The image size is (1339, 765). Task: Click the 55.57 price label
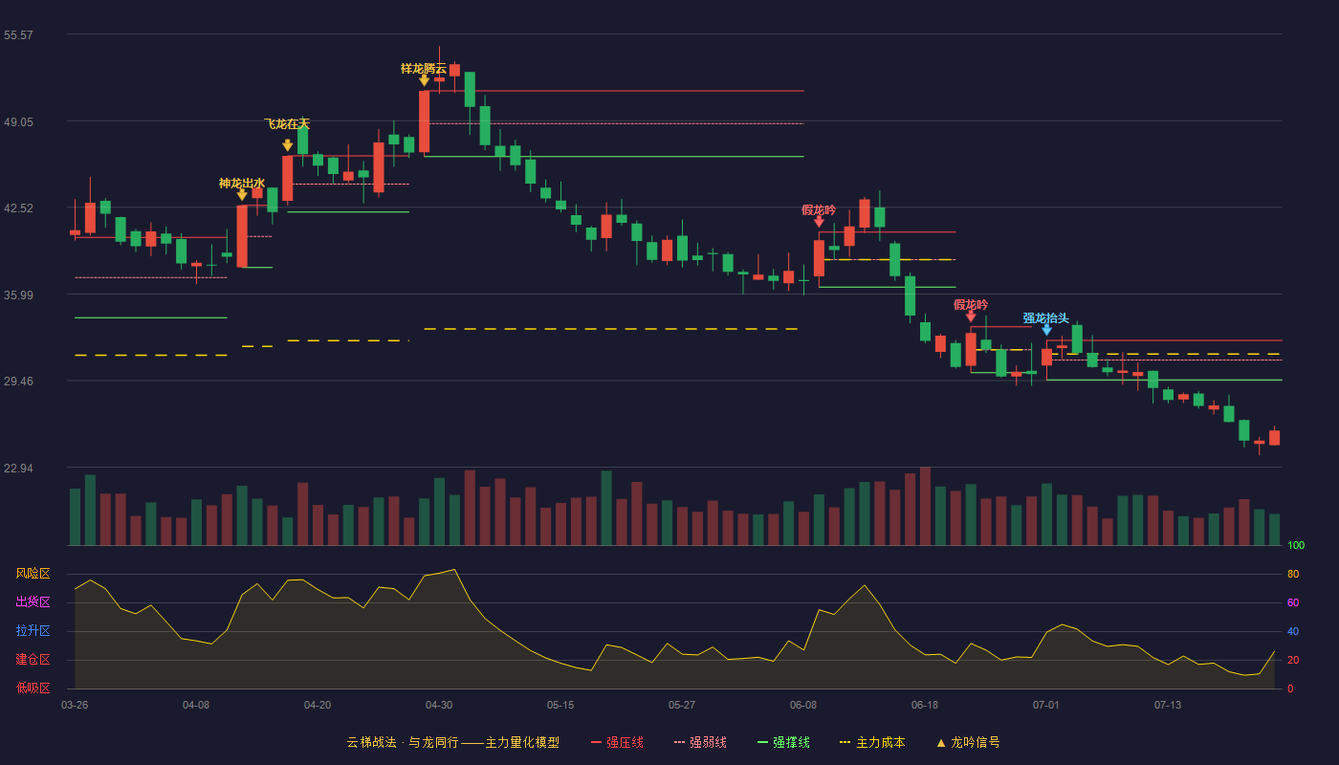[18, 35]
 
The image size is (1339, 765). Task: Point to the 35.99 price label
[18, 295]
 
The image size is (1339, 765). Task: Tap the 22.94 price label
[18, 468]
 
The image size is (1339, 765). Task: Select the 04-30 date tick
[439, 706]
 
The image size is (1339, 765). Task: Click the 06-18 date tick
[925, 706]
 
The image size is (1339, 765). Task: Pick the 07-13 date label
[1168, 706]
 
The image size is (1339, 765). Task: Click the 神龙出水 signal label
[241, 183]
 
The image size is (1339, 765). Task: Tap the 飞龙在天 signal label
[287, 123]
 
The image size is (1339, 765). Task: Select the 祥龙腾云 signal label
[423, 69]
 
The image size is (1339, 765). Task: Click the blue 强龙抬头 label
[1046, 317]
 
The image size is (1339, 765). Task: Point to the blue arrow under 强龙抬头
[1046, 330]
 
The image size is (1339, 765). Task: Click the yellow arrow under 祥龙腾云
[424, 80]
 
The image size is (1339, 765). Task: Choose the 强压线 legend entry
[617, 742]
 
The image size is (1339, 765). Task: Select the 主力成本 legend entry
[872, 742]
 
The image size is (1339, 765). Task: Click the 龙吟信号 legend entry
[968, 742]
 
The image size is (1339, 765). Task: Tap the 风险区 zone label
[33, 574]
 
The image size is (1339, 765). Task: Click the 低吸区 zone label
[33, 688]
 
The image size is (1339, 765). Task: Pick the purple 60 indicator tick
[1293, 602]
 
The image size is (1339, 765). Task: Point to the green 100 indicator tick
[1296, 545]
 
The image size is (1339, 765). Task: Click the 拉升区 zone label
[33, 631]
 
